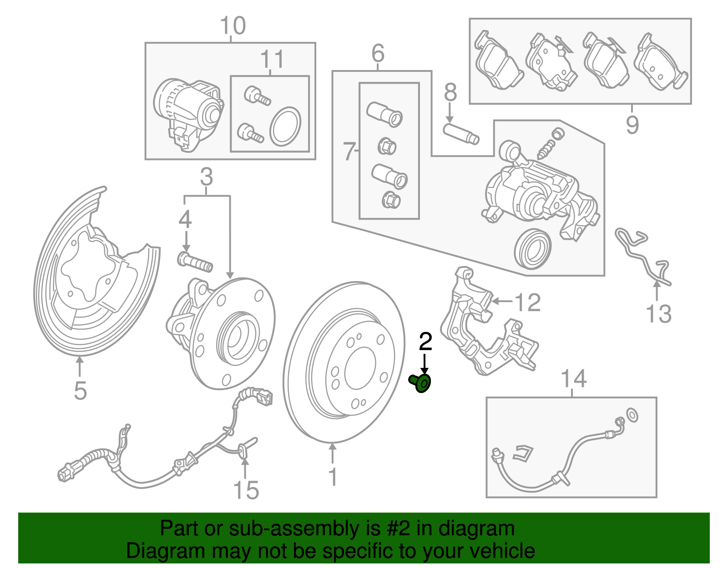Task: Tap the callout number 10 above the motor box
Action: pyautogui.click(x=233, y=26)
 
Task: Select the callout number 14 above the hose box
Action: pyautogui.click(x=573, y=379)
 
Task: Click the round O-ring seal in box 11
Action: pyautogui.click(x=285, y=127)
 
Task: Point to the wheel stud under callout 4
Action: pyautogui.click(x=195, y=262)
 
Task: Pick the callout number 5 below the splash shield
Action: pyautogui.click(x=80, y=390)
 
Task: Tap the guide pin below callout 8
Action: pyautogui.click(x=461, y=134)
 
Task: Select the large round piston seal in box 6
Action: pyautogui.click(x=532, y=248)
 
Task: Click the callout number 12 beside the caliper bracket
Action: pyautogui.click(x=527, y=302)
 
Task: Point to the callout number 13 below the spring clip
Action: pyautogui.click(x=658, y=314)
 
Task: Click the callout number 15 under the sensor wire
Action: pyautogui.click(x=246, y=490)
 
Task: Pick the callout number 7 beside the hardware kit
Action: pyautogui.click(x=349, y=151)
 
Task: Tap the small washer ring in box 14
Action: pyautogui.click(x=632, y=415)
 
